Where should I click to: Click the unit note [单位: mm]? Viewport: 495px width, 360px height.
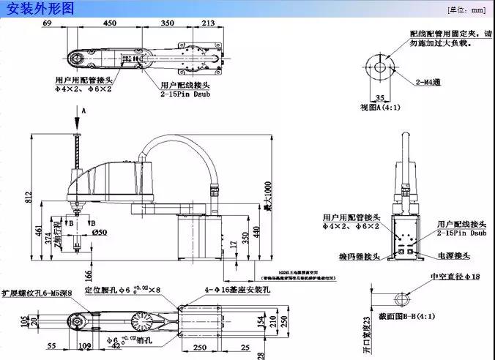pyautogui.click(x=466, y=10)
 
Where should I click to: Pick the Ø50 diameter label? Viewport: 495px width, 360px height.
pyautogui.click(x=100, y=232)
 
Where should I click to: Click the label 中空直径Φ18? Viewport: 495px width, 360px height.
pyautogui.click(x=453, y=277)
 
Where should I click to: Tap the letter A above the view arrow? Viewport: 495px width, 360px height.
pyautogui.click(x=83, y=109)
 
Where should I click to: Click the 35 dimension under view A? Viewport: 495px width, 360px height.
pyautogui.click(x=379, y=96)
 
